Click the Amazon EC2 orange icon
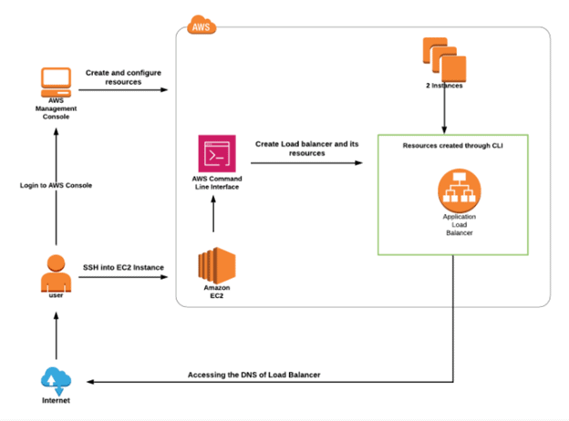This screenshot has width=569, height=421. [217, 265]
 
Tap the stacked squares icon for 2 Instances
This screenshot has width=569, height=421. [443, 56]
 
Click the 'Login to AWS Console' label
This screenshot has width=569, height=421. [57, 185]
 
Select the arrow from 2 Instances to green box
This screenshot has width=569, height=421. [444, 111]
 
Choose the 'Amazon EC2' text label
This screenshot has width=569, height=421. [217, 292]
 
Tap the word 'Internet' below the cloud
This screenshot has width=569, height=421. [57, 400]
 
